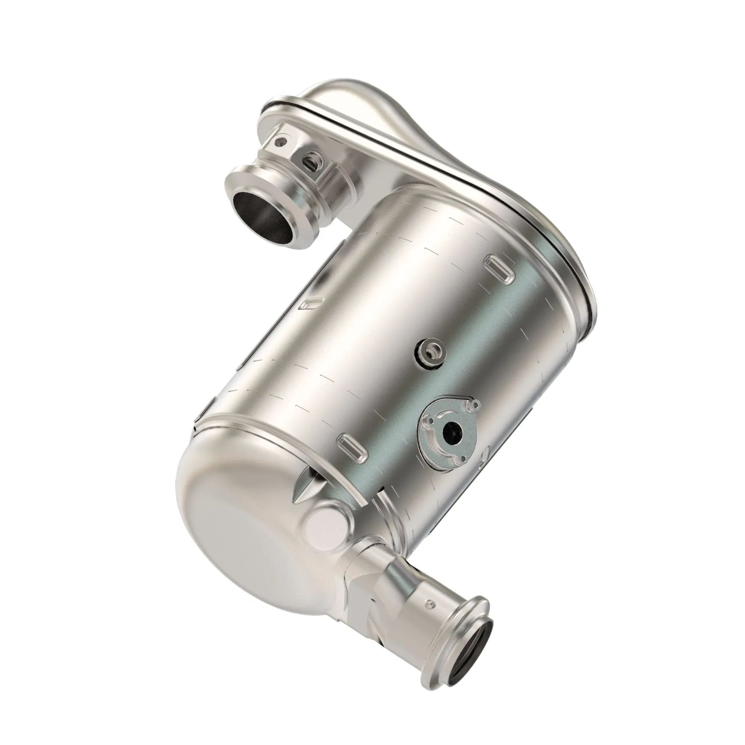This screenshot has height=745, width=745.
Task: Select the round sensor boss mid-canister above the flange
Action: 430,351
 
